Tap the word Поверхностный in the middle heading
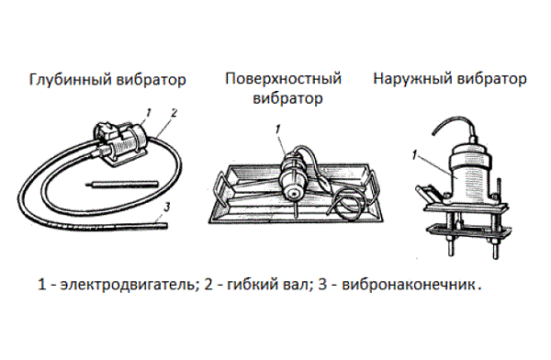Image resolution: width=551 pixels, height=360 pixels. pyautogui.click(x=283, y=79)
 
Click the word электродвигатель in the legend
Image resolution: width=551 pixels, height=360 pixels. pyautogui.click(x=127, y=284)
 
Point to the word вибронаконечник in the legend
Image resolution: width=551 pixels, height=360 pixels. pyautogui.click(x=409, y=284)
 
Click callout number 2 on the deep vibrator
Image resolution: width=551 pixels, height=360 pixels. pyautogui.click(x=174, y=113)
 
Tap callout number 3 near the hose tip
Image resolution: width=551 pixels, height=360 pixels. pyautogui.click(x=167, y=207)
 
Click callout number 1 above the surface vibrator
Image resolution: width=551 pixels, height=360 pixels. pyautogui.click(x=278, y=129)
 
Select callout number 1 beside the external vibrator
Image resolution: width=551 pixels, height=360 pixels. pyautogui.click(x=415, y=155)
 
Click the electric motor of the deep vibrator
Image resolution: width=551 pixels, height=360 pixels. pyautogui.click(x=120, y=143)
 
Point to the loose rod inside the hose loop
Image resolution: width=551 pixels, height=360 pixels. pyautogui.click(x=121, y=184)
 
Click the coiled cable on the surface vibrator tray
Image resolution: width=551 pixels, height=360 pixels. pyautogui.click(x=347, y=203)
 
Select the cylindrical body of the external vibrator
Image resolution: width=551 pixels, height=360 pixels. pyautogui.click(x=470, y=169)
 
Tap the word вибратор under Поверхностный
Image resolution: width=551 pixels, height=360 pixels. pyautogui.click(x=287, y=98)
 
